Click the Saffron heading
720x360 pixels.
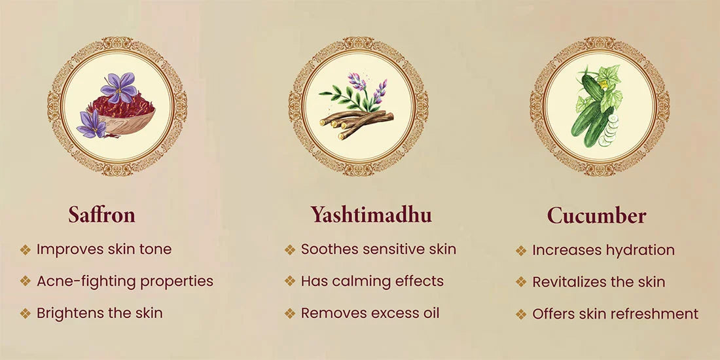tap(101, 215)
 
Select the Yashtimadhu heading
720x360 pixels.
tap(371, 215)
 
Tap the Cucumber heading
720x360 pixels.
tap(596, 215)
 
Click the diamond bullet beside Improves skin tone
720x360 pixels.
tap(26, 250)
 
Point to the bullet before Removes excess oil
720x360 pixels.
tap(290, 314)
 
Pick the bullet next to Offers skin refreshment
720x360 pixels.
tap(521, 315)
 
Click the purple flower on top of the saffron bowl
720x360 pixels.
tap(118, 87)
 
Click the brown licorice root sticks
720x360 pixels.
tap(356, 122)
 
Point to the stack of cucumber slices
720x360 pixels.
tap(609, 130)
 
